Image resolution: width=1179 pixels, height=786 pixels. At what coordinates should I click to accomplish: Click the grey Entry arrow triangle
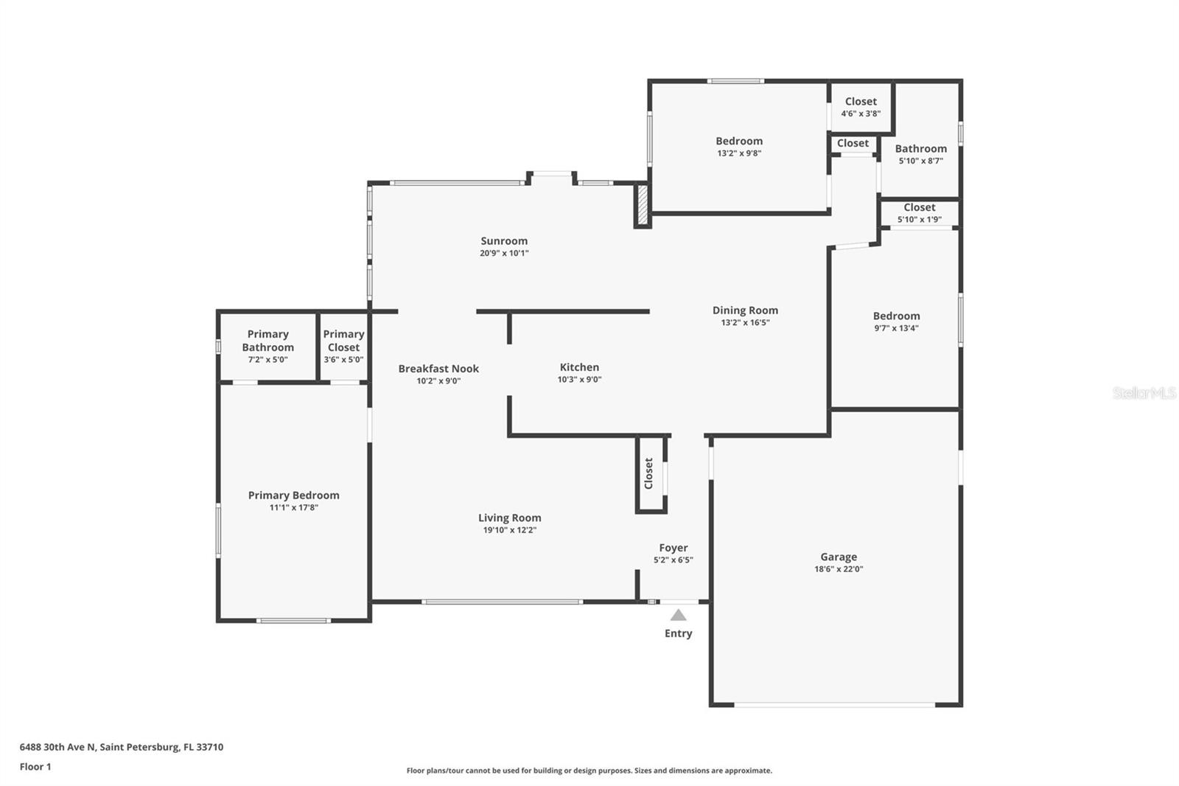point(678,615)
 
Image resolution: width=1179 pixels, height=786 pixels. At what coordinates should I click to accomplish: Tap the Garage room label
point(839,557)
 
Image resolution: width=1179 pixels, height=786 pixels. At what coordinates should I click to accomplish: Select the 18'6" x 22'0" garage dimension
point(839,569)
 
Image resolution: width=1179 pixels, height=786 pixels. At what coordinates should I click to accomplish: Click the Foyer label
point(673,548)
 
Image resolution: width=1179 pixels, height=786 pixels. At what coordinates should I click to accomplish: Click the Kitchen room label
point(579,367)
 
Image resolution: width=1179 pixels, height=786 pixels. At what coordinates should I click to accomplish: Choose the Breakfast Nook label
point(438,369)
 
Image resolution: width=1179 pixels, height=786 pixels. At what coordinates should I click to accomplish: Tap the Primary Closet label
point(343,341)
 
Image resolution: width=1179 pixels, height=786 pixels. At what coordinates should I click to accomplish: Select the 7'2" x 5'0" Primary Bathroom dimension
point(267,360)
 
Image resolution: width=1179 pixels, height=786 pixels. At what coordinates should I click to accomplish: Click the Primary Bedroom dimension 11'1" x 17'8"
point(293,507)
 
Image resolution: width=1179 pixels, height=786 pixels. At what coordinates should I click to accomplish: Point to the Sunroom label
point(504,241)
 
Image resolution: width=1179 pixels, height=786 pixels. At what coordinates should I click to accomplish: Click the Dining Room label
point(745,310)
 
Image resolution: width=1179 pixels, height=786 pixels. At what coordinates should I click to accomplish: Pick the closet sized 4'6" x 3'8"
point(861,107)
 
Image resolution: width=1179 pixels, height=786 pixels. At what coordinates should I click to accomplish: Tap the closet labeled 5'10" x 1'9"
point(919,213)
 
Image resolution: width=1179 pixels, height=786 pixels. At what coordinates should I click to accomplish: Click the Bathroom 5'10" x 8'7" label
point(920,154)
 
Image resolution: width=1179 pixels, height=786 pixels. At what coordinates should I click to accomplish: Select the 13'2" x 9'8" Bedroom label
point(739,147)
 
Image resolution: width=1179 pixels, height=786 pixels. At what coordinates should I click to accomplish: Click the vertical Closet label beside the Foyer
point(648,473)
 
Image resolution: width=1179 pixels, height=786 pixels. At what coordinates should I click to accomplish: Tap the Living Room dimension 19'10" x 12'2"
point(509,530)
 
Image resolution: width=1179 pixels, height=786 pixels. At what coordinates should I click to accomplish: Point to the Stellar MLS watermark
point(1144,393)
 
